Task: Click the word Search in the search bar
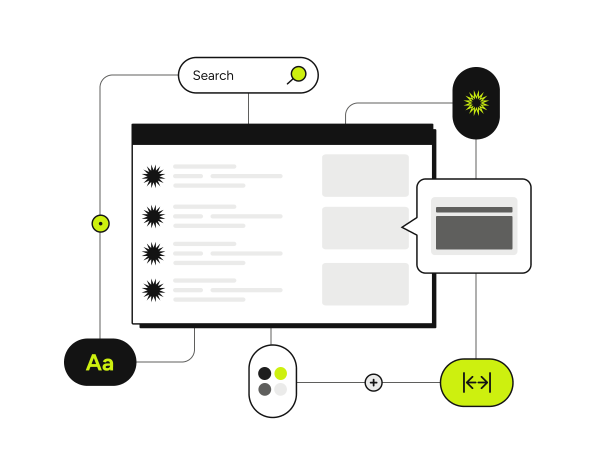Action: (x=213, y=75)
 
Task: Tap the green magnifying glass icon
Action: (x=297, y=74)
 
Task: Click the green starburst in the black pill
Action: (x=476, y=103)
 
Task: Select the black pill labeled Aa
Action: (x=100, y=362)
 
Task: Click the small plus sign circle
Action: (x=373, y=382)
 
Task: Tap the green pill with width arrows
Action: (x=476, y=382)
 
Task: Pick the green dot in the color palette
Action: (x=280, y=373)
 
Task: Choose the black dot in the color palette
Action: (x=264, y=373)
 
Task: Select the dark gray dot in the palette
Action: (x=264, y=389)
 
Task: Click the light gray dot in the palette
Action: (x=280, y=389)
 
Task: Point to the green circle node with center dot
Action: (x=100, y=223)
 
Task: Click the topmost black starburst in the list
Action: (x=153, y=176)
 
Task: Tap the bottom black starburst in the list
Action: (x=153, y=290)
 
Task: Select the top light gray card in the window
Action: (x=365, y=175)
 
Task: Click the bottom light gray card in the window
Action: (x=365, y=284)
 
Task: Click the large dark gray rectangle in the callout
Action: (x=474, y=232)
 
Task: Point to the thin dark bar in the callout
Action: (x=474, y=210)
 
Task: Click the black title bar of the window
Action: (x=282, y=134)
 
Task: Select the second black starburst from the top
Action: (x=153, y=216)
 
